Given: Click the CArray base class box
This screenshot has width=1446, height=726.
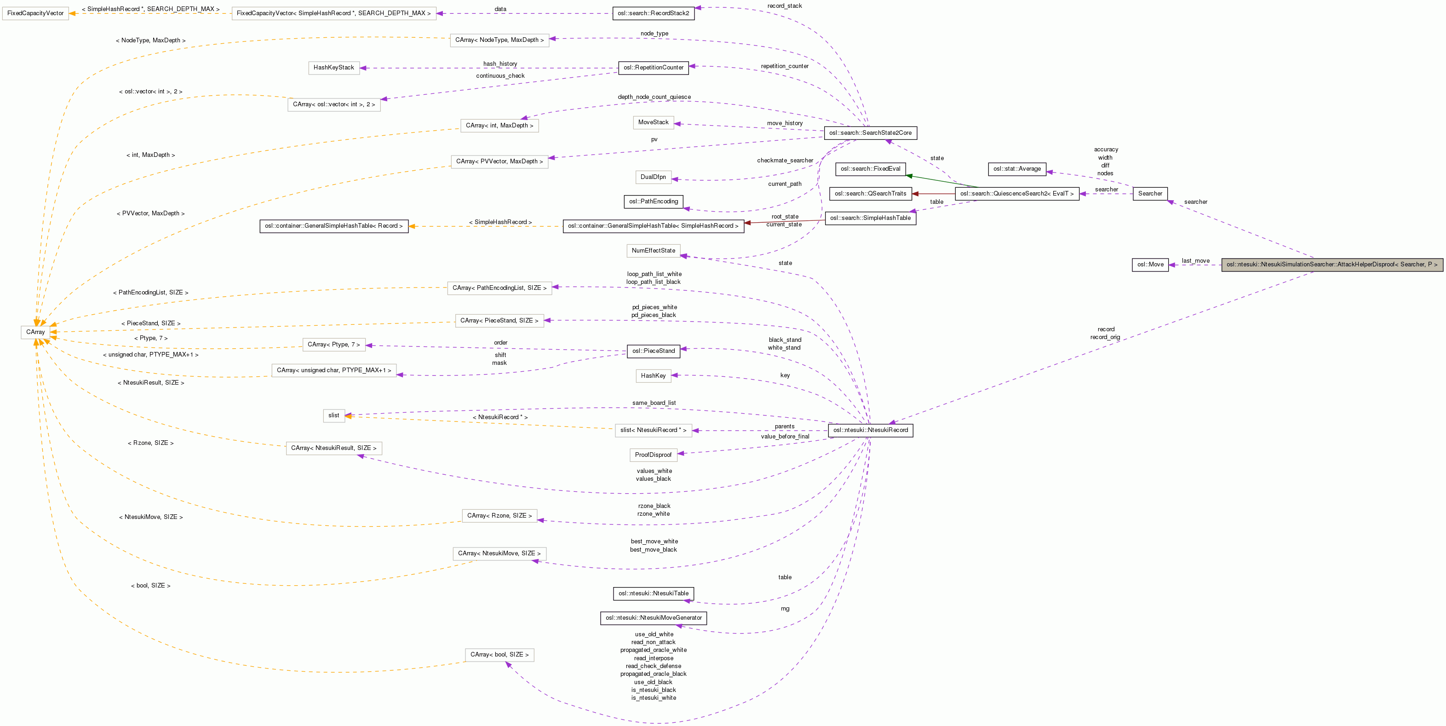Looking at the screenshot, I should pos(35,332).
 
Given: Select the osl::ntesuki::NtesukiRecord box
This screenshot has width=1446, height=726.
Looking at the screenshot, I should pos(870,430).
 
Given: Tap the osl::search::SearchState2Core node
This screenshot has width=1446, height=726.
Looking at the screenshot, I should pos(870,133).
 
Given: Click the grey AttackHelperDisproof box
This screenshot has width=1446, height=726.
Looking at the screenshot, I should pos(1331,265).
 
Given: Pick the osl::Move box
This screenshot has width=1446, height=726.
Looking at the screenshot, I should pos(1150,265).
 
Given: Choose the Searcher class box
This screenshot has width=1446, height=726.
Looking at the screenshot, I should pos(1150,194).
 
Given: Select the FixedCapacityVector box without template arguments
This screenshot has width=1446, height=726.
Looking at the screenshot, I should pos(35,13).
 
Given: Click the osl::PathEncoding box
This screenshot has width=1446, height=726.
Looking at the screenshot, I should pos(654,201).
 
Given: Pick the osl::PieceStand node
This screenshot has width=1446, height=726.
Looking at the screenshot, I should pos(654,351).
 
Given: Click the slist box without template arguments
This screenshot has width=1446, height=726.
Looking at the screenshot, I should pos(333,415).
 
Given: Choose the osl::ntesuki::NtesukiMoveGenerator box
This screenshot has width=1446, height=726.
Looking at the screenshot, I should pos(654,617).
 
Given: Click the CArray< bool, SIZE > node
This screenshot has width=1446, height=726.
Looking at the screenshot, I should pos(499,655).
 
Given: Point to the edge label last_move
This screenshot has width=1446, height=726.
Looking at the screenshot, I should pos(1195,260).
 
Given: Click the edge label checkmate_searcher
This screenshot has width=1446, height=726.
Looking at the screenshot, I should pos(784,161).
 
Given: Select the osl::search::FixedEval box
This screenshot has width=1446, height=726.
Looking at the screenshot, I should pos(870,168).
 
